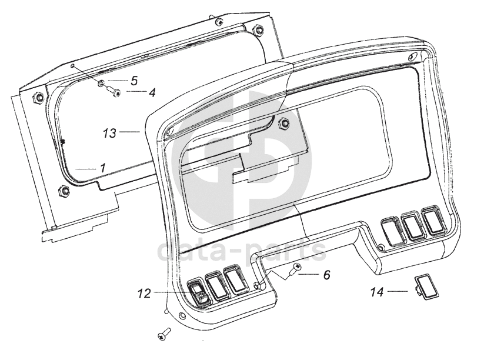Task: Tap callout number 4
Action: pos(152,92)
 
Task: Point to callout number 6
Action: pos(327,275)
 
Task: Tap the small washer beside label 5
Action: pos(102,83)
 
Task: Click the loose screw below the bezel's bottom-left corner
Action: pos(163,334)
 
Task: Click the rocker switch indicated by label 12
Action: pos(198,292)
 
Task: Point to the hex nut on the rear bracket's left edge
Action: pos(36,98)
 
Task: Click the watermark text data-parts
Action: pos(242,249)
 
